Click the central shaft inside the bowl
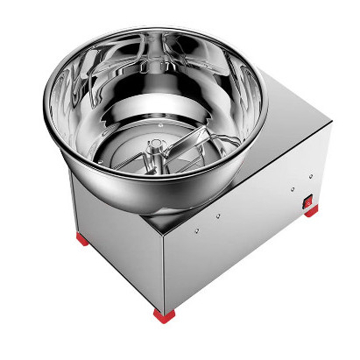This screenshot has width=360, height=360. (157, 150)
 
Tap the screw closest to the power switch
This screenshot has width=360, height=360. (289, 188)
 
